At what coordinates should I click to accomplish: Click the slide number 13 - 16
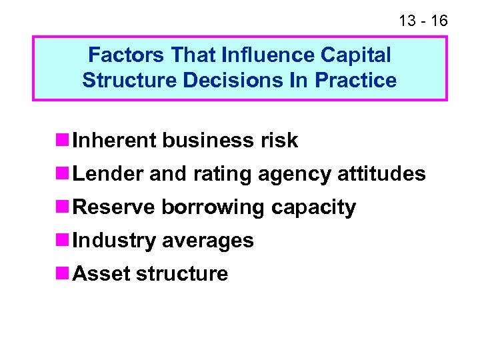coord(423,21)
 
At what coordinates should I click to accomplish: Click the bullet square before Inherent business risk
coord(63,141)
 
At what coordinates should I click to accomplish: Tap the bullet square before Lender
coord(63,174)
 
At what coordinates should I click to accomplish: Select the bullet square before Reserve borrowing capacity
coord(63,207)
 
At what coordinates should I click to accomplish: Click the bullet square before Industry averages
coord(63,241)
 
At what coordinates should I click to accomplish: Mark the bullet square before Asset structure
coord(63,274)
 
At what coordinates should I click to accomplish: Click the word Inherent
coord(115,141)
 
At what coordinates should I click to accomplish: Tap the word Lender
coord(108,174)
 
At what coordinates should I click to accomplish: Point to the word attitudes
coord(381,174)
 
